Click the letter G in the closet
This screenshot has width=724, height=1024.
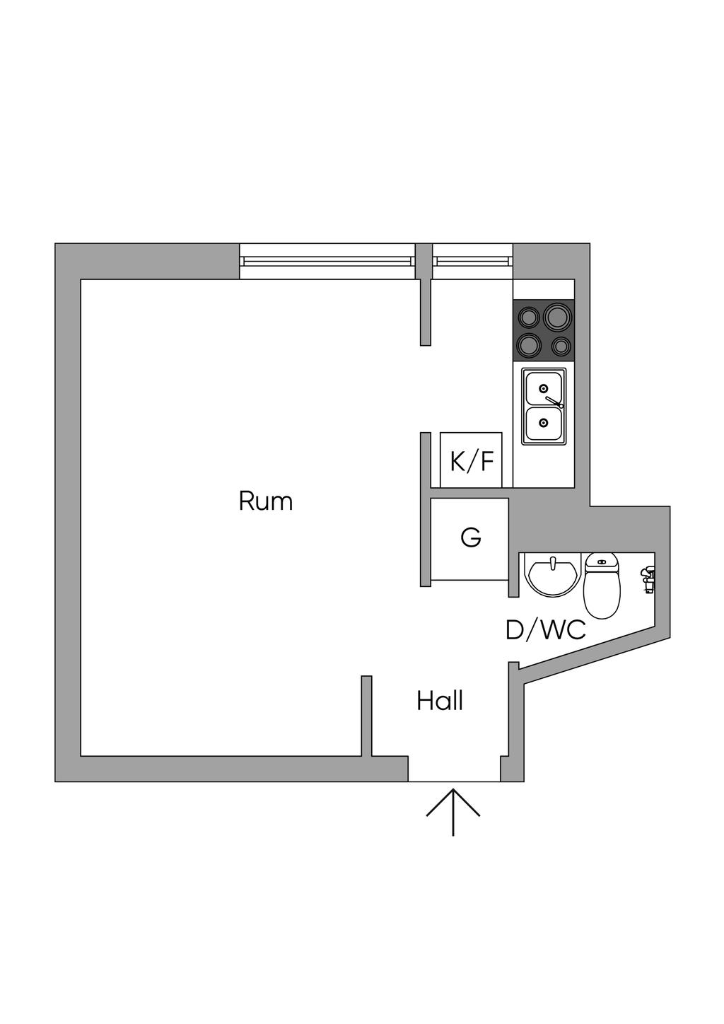(x=471, y=537)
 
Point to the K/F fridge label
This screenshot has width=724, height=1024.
(x=472, y=461)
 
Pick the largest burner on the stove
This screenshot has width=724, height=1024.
(x=558, y=316)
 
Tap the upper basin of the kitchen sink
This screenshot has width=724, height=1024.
(x=543, y=388)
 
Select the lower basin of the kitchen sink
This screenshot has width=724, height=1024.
(x=543, y=423)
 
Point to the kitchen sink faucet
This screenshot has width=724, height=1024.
(x=554, y=402)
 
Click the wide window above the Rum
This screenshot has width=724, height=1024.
(x=327, y=261)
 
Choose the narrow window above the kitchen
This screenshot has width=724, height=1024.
(x=472, y=261)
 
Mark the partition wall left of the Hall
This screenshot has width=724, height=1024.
(x=366, y=716)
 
